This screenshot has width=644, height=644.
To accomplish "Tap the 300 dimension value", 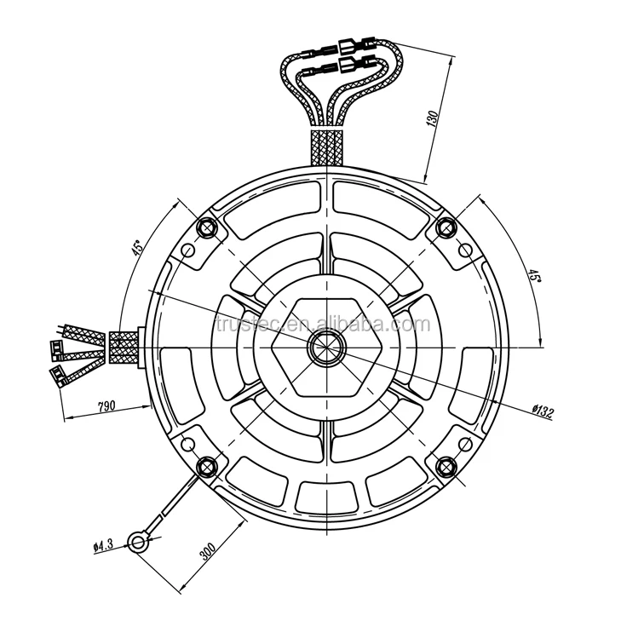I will click(206, 549).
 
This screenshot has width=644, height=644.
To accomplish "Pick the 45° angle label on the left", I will click(135, 250).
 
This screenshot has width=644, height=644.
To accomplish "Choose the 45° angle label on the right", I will click(532, 276).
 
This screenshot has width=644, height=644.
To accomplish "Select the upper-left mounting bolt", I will click(205, 227).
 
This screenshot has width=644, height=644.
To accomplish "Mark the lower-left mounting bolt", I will click(205, 465).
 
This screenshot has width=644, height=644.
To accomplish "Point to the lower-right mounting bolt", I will click(444, 464).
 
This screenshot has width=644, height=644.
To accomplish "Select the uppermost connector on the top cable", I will click(349, 45).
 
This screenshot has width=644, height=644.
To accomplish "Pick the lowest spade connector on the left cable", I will click(59, 375).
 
